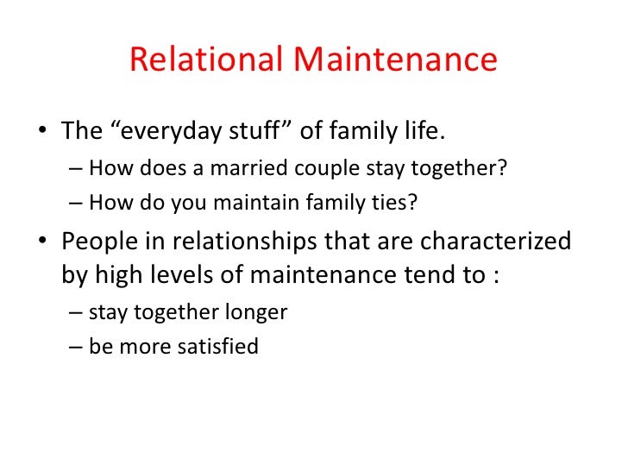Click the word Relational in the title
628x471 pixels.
point(206,60)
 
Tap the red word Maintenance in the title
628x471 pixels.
point(395,60)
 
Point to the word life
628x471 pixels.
point(420,132)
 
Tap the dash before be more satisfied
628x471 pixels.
point(74,348)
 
